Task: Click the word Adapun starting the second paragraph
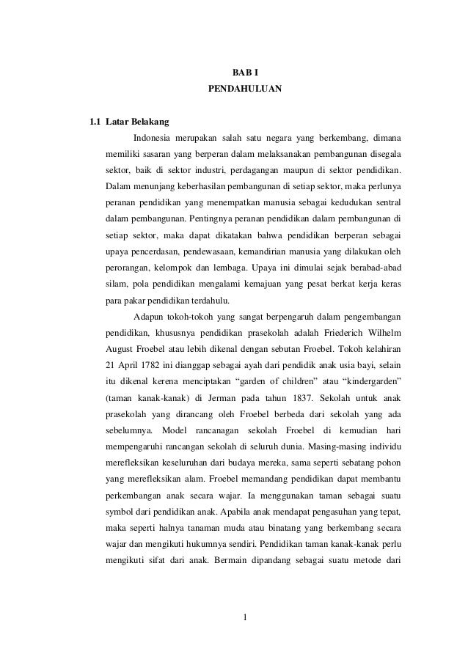click(150, 317)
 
